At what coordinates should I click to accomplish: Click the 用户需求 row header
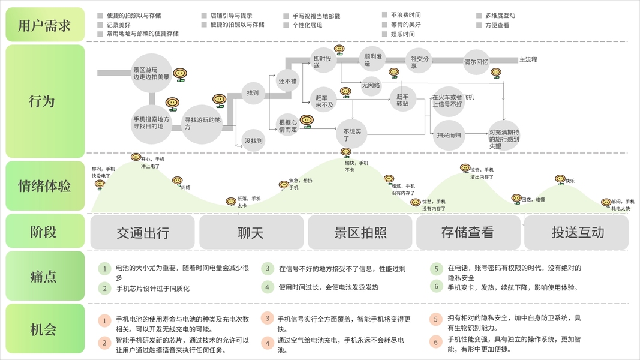tap(44, 25)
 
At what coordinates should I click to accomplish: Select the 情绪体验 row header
tap(44, 186)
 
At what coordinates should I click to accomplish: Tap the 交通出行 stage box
tap(142, 232)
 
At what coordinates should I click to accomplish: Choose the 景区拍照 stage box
tap(360, 232)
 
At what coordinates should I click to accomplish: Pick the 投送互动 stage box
tap(577, 232)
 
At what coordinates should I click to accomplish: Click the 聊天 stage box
tap(251, 232)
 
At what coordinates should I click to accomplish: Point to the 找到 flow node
tap(253, 93)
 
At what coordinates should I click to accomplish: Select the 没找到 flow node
tap(253, 140)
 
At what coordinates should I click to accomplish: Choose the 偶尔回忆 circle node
tap(477, 62)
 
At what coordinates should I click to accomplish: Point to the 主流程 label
tap(528, 60)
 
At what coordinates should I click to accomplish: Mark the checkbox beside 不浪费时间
tap(385, 14)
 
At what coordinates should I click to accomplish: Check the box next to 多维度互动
tap(479, 16)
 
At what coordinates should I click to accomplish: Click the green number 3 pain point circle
tap(268, 268)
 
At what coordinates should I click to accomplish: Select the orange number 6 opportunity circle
tap(436, 342)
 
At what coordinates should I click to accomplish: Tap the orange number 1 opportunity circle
tap(105, 321)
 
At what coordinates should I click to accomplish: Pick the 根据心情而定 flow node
tap(287, 126)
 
